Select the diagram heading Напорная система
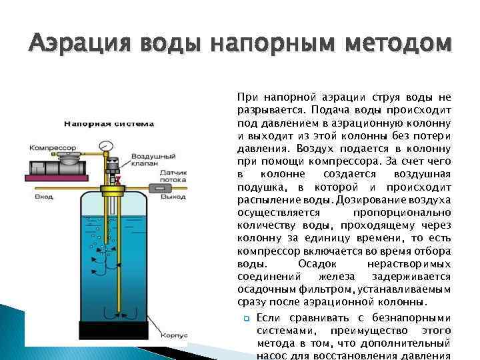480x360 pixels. point(109,123)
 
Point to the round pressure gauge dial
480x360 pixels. point(104,145)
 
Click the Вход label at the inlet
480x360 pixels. point(43,197)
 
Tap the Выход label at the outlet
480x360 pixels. point(174,197)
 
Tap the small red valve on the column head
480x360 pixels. point(117,179)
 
